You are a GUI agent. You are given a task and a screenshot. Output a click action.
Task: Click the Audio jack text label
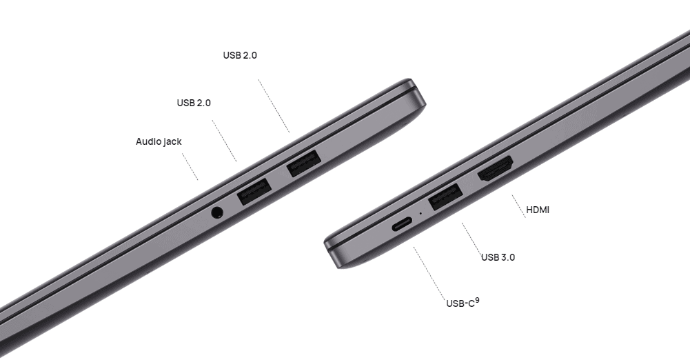point(159,141)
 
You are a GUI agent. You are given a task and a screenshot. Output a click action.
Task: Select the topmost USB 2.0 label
point(240,55)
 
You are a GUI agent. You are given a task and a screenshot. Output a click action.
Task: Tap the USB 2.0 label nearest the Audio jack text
point(194,103)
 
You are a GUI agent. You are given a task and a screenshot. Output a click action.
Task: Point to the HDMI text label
point(538,210)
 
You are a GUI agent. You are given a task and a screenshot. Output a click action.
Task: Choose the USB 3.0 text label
point(498,257)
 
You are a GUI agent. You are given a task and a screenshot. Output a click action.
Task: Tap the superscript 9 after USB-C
point(478,301)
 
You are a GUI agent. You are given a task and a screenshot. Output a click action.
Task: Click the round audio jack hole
point(217,212)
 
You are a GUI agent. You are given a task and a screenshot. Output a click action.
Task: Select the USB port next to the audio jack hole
point(254,191)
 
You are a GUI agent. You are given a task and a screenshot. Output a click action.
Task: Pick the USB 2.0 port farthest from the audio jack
point(303,163)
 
